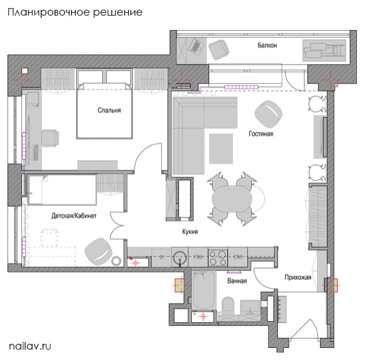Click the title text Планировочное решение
click(75, 12)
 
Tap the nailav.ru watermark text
click(30, 346)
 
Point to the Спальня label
click(109, 111)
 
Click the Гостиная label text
click(260, 134)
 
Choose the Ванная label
click(237, 281)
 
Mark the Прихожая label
click(298, 277)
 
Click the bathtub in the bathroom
click(203, 291)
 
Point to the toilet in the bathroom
click(226, 306)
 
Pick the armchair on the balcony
click(219, 50)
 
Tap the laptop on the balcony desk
click(195, 46)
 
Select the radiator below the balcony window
click(243, 87)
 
